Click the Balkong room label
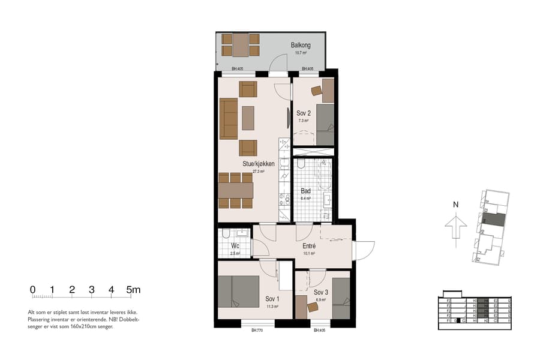point(301,45)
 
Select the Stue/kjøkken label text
point(259,163)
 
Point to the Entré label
point(309,245)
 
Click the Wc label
point(235,246)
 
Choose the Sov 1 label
point(272,298)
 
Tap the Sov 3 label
point(321,292)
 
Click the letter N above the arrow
point(456,205)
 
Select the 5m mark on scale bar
point(133,290)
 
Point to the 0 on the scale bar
point(33,290)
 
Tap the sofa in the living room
point(228,118)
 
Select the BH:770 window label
point(257,331)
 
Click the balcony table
point(241,44)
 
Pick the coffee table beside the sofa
point(248,118)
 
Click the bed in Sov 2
point(325,124)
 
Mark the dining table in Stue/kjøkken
point(236,190)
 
